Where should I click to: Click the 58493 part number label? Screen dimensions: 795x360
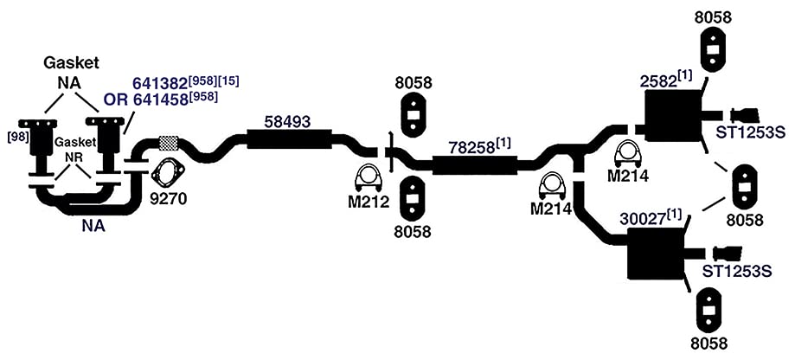287,122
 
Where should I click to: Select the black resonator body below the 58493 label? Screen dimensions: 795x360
290,139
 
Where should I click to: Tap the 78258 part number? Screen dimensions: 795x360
471,148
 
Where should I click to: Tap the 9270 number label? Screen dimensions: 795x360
169,198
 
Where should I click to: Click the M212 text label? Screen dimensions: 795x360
369,202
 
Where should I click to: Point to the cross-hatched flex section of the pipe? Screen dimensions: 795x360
169,143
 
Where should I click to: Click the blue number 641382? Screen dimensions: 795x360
160,83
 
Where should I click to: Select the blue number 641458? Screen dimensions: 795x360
160,100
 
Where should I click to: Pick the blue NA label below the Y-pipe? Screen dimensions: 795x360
93,225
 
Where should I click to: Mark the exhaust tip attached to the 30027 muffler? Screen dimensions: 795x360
728,253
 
